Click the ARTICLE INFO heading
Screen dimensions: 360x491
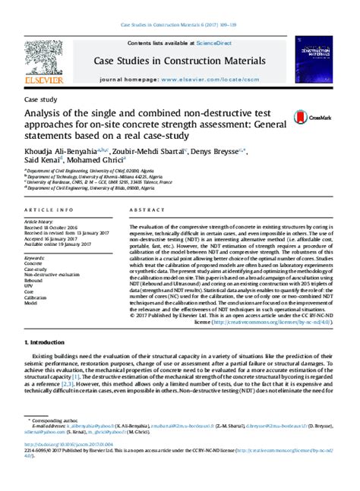click(x=49, y=209)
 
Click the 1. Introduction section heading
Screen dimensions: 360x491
click(x=47, y=341)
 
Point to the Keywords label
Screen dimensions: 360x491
click(x=38, y=259)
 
